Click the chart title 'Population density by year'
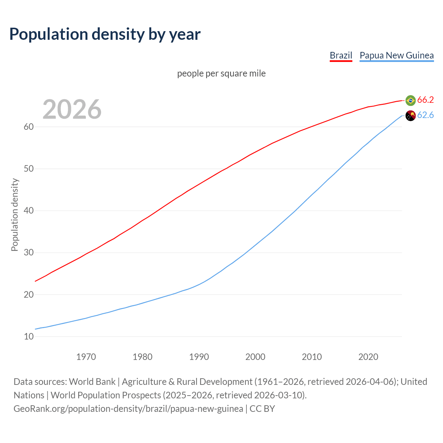[x=105, y=34]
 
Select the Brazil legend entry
[x=341, y=55]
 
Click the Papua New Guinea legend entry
[x=397, y=55]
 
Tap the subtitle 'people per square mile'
[x=221, y=73]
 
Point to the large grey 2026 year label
[x=72, y=109]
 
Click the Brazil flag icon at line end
[x=410, y=100]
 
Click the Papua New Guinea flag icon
[x=410, y=116]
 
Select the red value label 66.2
[x=425, y=100]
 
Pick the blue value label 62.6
[x=425, y=115]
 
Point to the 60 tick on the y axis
[x=29, y=127]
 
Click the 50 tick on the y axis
[x=29, y=169]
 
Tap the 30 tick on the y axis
[x=29, y=253]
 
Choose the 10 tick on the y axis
[x=29, y=336]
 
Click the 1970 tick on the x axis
[x=86, y=357]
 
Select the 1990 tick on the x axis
[x=199, y=357]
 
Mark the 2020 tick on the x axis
[x=368, y=357]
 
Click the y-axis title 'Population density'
[x=15, y=215]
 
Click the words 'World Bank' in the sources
[x=92, y=382]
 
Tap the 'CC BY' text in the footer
[x=262, y=409]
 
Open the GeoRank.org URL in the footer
[x=128, y=409]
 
